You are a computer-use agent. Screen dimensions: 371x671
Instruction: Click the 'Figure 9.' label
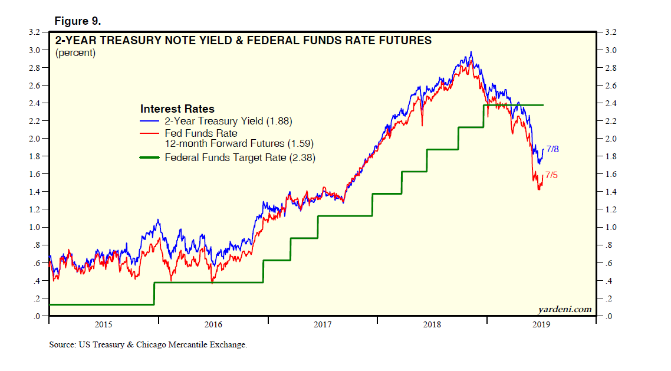(77, 21)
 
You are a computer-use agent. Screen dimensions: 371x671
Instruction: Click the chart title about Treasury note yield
(243, 41)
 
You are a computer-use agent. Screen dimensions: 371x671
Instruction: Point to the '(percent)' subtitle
(75, 53)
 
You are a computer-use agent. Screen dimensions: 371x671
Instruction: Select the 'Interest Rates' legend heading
(177, 109)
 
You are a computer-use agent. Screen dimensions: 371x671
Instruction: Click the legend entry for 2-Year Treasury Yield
(228, 122)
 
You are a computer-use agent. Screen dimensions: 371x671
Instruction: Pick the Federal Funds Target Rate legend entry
(240, 157)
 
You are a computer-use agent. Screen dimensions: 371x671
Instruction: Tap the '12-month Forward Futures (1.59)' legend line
(239, 143)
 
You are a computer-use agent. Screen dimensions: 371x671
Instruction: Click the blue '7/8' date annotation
(552, 149)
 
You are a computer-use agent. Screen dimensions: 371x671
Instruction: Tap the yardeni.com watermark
(564, 309)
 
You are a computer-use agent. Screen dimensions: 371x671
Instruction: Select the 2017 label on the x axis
(323, 324)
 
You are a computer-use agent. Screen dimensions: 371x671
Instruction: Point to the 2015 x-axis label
(103, 324)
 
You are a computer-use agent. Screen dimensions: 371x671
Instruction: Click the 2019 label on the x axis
(541, 324)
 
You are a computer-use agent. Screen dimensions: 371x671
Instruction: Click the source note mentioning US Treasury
(148, 344)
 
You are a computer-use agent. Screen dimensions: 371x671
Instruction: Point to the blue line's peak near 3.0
(471, 52)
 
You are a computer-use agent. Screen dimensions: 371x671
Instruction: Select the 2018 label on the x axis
(432, 324)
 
